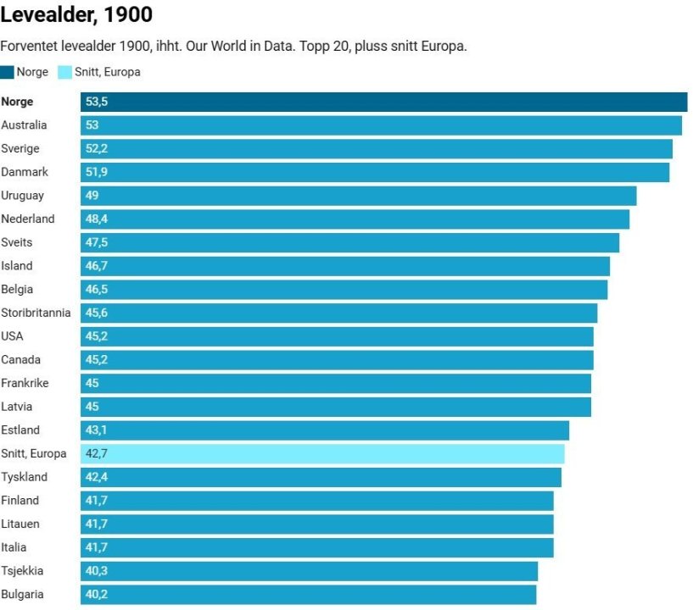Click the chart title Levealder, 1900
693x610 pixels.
77,15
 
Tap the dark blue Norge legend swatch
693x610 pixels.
8,72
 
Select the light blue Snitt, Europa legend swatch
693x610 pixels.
65,72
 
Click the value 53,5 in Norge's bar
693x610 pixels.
97,102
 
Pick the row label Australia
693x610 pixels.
24,125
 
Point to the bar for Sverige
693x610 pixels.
377,149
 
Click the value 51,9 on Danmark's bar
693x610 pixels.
97,172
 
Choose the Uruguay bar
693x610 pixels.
359,196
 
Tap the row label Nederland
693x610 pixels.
28,219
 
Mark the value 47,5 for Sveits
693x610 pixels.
97,242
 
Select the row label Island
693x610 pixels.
17,266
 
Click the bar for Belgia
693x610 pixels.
344,290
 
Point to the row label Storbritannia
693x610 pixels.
36,313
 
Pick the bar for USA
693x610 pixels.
338,336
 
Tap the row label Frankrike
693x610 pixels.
25,383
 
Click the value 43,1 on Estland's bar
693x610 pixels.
96,430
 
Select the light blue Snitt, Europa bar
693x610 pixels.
322,454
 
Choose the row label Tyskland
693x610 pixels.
24,477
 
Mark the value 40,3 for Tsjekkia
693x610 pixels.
97,571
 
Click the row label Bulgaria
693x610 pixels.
22,595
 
